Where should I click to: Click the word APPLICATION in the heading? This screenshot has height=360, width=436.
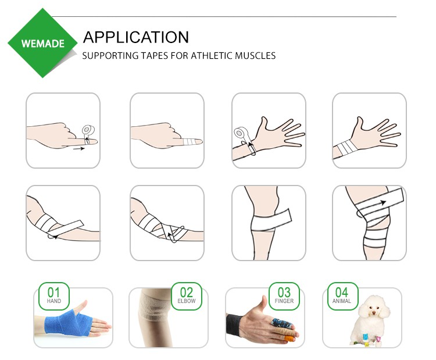coord(135,37)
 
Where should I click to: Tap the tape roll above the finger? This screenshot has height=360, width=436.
coord(90,129)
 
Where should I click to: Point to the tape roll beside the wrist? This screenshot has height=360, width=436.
coord(240,133)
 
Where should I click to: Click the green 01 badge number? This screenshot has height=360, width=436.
coord(53,291)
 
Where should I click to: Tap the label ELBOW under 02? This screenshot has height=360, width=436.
coord(187,301)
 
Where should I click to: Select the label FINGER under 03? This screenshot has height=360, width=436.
coord(284,301)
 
